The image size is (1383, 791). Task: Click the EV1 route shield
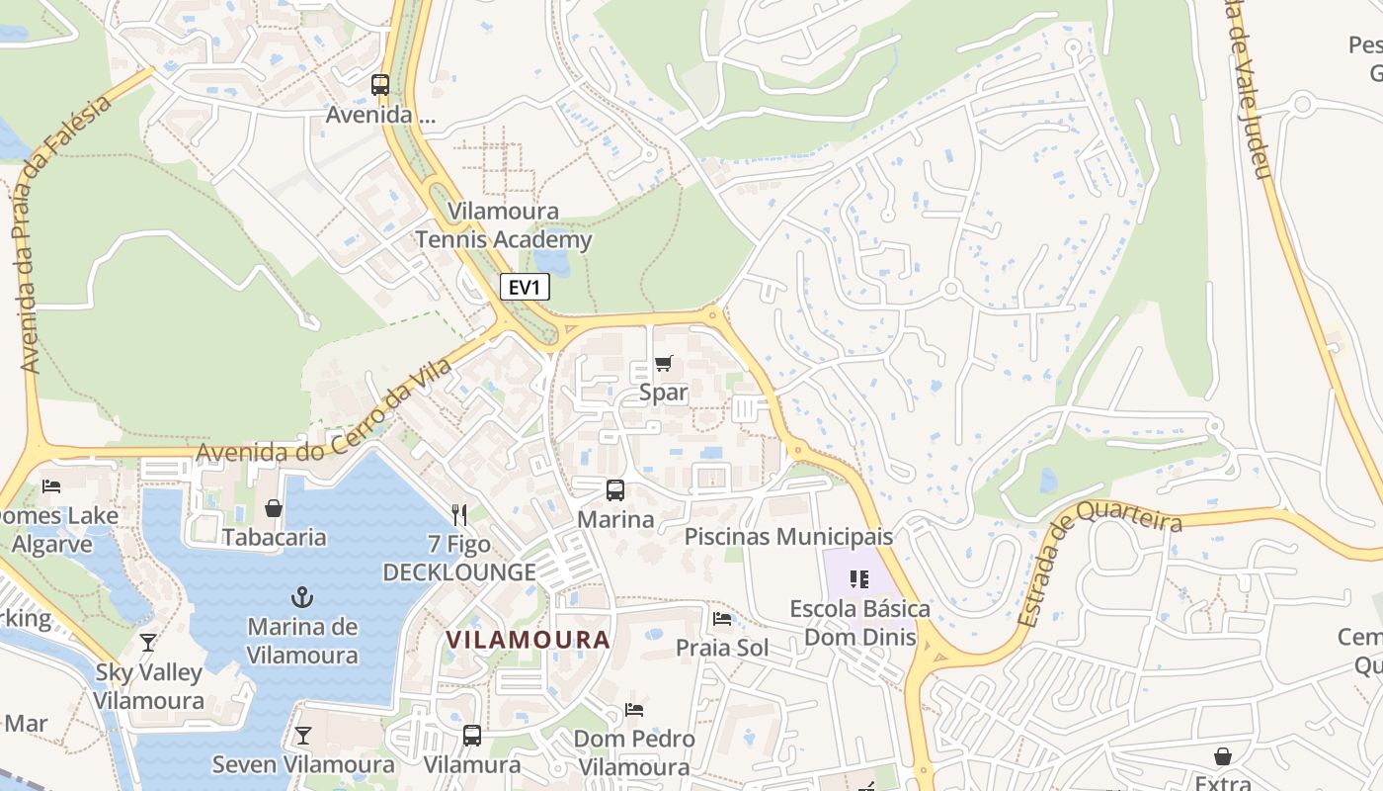click(524, 287)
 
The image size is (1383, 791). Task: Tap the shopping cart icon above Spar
click(663, 364)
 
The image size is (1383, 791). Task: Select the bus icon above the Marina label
click(614, 489)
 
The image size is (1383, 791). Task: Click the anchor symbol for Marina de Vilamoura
click(302, 597)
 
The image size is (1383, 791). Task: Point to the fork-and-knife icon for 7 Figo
click(458, 514)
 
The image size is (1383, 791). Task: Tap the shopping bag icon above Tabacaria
click(274, 508)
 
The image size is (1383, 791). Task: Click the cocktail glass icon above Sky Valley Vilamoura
click(148, 643)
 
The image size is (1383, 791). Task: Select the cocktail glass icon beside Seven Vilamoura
click(302, 736)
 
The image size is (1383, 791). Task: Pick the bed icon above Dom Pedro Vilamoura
click(634, 709)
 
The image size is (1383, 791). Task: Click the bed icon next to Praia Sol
click(722, 619)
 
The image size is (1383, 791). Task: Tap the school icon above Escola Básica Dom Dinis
click(858, 579)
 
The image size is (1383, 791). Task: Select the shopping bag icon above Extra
click(1223, 756)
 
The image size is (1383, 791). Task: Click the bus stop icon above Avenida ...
click(380, 85)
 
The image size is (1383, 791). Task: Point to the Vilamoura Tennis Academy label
click(504, 225)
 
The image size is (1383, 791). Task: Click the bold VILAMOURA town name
click(528, 640)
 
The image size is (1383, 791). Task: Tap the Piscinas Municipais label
click(788, 537)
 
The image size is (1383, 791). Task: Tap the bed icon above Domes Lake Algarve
click(51, 485)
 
